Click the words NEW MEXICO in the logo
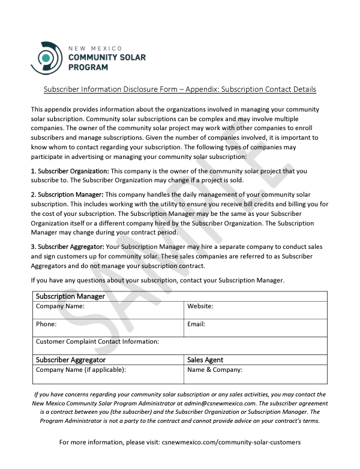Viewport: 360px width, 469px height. (96, 47)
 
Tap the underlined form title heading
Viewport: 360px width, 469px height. (180, 89)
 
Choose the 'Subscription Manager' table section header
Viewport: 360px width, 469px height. (70, 296)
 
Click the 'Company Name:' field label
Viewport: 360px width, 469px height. (60, 306)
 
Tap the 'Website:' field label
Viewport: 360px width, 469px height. (200, 306)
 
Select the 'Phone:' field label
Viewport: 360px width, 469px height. (46, 324)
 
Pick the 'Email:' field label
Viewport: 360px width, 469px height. (196, 324)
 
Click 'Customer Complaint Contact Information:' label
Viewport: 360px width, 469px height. (97, 341)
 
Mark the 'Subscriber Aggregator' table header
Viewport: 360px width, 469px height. (71, 360)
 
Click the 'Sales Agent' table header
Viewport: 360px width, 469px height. (205, 360)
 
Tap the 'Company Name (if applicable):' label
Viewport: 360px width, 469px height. (81, 369)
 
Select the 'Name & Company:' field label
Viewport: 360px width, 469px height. (215, 369)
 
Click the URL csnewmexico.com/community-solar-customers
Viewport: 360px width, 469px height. (231, 442)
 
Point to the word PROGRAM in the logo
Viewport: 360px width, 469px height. (88, 67)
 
